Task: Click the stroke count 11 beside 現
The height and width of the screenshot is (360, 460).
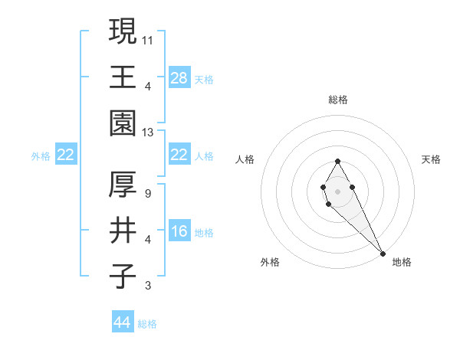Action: tap(148, 38)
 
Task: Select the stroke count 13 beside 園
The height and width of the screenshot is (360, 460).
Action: tap(149, 133)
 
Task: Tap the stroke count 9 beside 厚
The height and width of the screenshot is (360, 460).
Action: tap(147, 193)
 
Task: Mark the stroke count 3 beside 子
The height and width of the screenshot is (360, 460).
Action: tap(147, 286)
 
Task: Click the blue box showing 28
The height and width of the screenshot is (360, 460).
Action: tap(179, 77)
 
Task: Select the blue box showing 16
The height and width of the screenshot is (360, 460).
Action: tap(179, 231)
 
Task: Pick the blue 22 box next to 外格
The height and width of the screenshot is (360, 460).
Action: tap(66, 155)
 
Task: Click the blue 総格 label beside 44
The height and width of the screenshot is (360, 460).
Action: tap(147, 324)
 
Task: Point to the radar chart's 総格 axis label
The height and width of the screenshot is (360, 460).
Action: tap(337, 100)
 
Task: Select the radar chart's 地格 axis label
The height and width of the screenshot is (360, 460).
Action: tap(402, 262)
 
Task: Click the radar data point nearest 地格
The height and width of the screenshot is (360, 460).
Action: tap(383, 253)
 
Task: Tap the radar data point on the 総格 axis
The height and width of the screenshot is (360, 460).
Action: tap(337, 161)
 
